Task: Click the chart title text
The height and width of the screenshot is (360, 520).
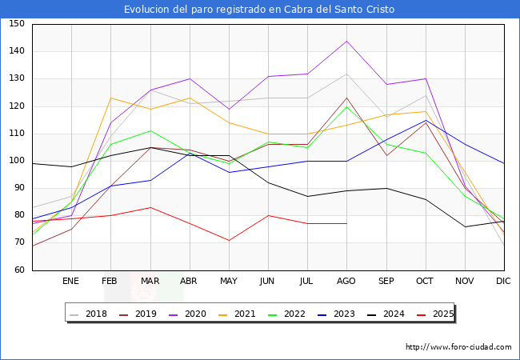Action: (x=259, y=10)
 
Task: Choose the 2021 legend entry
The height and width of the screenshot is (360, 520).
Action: (x=244, y=314)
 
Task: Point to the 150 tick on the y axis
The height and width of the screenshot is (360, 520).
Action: (x=17, y=24)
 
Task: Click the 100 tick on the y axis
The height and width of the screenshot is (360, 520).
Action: (x=17, y=161)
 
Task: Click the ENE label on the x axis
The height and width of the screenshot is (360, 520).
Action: (x=70, y=282)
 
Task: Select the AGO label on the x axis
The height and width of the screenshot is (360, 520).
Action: (x=346, y=282)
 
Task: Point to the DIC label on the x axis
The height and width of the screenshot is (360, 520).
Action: (x=503, y=282)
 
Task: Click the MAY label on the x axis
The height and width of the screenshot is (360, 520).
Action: (x=228, y=282)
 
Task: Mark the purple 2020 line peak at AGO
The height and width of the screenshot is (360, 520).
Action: (x=346, y=41)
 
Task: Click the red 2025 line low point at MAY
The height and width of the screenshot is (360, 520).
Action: (x=228, y=240)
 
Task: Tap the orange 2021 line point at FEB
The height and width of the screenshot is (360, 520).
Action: (x=110, y=98)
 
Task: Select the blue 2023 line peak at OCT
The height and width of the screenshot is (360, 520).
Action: (x=425, y=120)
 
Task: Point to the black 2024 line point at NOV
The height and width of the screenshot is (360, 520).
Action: (x=464, y=226)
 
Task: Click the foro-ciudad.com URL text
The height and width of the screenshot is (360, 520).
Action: (x=458, y=347)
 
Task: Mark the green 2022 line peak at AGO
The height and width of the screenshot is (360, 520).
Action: (x=346, y=106)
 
